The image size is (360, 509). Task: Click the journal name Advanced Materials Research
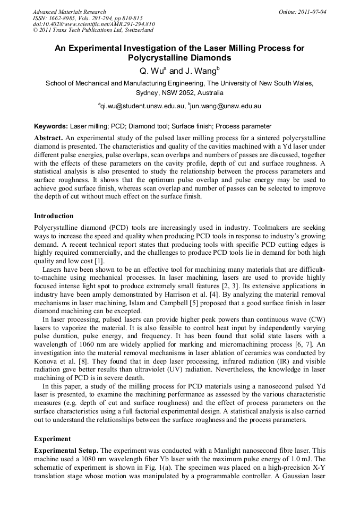(x=69, y=12)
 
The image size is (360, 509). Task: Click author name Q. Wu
(x=149, y=70)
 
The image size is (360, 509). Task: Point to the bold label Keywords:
(x=51, y=126)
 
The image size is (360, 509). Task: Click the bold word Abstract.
(x=48, y=137)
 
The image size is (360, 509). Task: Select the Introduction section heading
(x=54, y=216)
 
